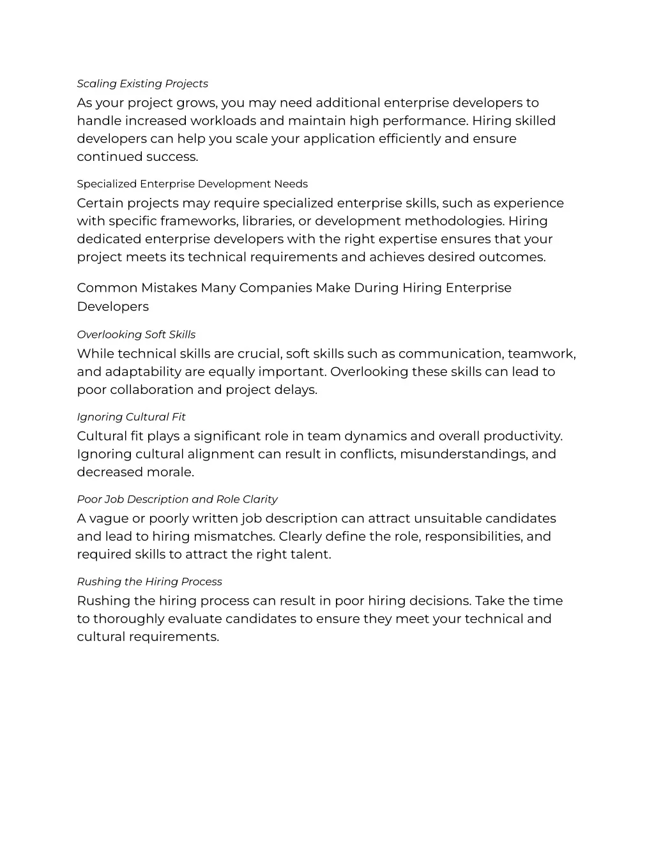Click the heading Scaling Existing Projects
coord(142,84)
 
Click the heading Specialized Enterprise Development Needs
coord(192,184)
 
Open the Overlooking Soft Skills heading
coord(136,335)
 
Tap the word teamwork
coord(542,354)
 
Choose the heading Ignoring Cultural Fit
coord(131,417)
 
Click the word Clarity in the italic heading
coord(260,499)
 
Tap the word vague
coord(109,518)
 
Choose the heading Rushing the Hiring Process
coord(149,582)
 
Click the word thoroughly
coord(130,619)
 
